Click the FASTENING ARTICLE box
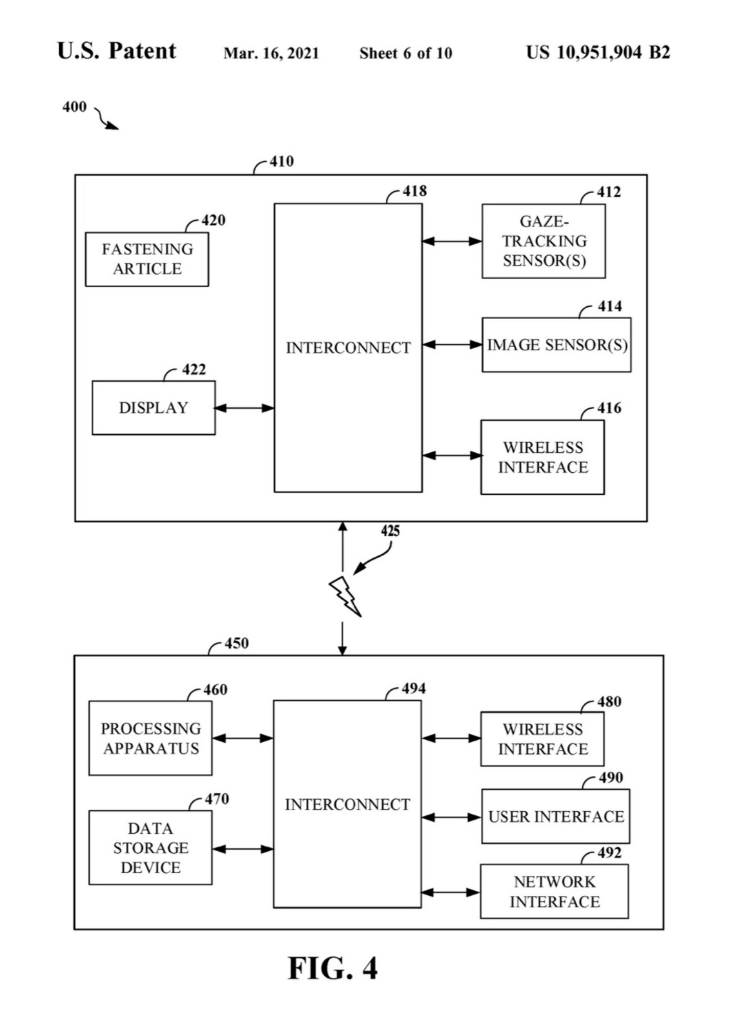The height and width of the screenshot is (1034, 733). pos(147,259)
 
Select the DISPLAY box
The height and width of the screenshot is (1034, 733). pos(154,407)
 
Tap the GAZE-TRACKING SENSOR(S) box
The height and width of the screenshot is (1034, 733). pos(544,241)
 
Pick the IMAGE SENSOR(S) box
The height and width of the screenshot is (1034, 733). pos(557,345)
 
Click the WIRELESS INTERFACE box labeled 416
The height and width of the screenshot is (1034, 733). pos(542,457)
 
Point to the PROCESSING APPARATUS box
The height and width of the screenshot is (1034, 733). pos(150,738)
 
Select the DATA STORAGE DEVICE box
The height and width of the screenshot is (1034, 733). pos(150,847)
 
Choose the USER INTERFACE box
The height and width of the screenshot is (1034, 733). pos(556,816)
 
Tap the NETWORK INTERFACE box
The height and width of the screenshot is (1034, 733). pos(554,892)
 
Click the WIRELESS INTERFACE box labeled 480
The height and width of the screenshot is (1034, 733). pos(542,739)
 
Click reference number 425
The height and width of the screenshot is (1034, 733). pos(390,531)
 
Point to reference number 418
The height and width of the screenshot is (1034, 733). pos(415,191)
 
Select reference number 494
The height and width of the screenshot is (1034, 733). pos(413,689)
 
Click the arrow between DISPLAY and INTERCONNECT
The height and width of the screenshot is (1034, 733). pos(244,408)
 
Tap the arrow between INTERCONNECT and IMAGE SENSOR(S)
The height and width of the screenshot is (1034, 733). pos(452,345)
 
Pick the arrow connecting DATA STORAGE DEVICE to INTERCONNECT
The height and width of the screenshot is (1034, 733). pos(243,849)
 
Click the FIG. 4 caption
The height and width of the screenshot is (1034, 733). pos(332,968)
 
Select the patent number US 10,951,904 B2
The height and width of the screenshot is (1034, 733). pos(598,53)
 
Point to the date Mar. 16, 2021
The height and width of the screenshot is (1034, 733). pos(271,53)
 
